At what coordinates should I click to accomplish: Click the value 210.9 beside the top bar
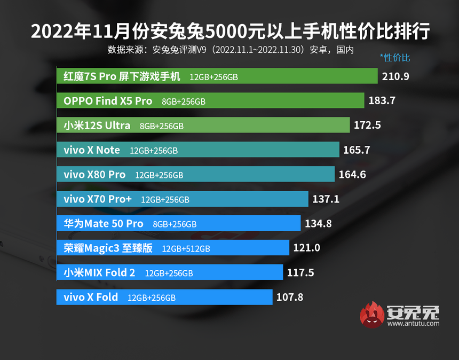tap(395, 76)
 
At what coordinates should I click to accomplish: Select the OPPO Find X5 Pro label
tap(108, 101)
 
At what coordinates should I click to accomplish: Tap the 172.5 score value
tap(368, 126)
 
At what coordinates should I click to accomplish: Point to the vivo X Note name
tap(92, 150)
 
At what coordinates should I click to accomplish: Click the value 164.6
tap(352, 175)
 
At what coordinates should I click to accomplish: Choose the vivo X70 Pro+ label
tap(98, 199)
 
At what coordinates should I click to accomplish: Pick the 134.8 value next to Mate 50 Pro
tap(319, 224)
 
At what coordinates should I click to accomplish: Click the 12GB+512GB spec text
tap(186, 249)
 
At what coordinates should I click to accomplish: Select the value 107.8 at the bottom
tap(290, 298)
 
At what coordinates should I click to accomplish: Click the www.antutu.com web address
tap(414, 323)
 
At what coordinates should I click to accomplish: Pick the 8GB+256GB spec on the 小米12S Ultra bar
tap(162, 126)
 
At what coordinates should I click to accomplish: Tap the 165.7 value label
tap(357, 150)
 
